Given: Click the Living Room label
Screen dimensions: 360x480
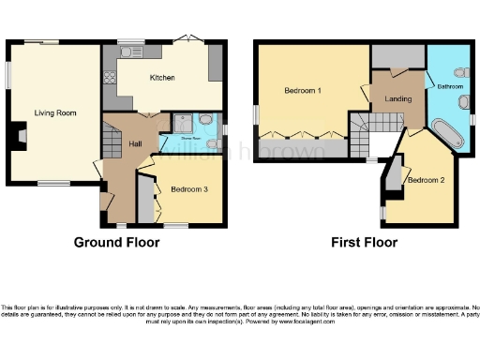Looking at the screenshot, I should click(x=55, y=112).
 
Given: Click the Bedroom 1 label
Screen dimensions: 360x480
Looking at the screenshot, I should click(x=305, y=91).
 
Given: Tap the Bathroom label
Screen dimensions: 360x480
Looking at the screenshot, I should click(x=449, y=86).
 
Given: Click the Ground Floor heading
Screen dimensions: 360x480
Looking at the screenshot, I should click(x=116, y=242).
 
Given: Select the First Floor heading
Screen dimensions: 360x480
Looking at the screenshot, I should click(x=364, y=242).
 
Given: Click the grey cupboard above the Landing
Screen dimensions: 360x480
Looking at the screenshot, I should click(x=394, y=56).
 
